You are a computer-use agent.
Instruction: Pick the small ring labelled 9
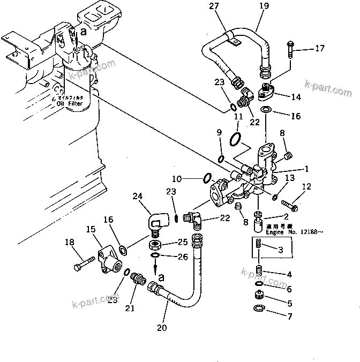point(221,158)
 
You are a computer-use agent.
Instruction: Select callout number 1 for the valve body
point(306,168)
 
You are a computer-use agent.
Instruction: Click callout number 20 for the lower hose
point(162,327)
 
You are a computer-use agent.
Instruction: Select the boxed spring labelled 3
point(260,246)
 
